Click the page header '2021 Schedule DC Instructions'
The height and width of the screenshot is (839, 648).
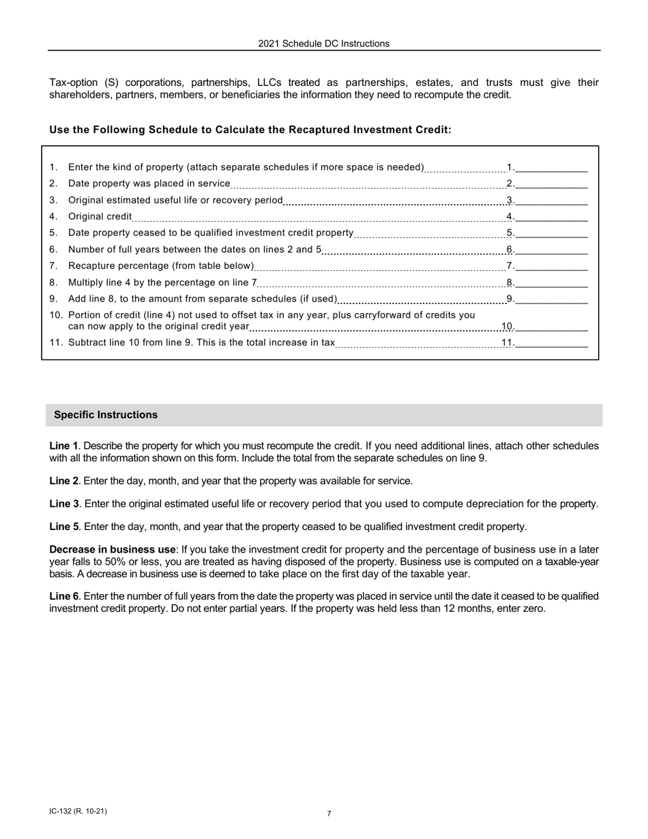[x=323, y=44]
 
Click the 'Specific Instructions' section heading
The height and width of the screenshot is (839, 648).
[x=106, y=415]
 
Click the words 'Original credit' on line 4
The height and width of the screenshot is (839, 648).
[x=100, y=216]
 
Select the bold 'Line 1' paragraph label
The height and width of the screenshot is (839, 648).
[x=63, y=445]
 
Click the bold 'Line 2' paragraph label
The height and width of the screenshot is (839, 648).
[x=63, y=481]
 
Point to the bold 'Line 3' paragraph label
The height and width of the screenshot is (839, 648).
[x=63, y=504]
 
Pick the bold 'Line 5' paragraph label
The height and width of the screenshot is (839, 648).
[x=63, y=527]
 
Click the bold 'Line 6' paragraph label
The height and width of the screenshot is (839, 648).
[x=63, y=596]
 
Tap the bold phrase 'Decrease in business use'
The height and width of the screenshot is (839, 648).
[x=112, y=550]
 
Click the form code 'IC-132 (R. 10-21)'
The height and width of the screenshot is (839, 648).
[x=78, y=811]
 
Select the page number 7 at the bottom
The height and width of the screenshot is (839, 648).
[x=329, y=814]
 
